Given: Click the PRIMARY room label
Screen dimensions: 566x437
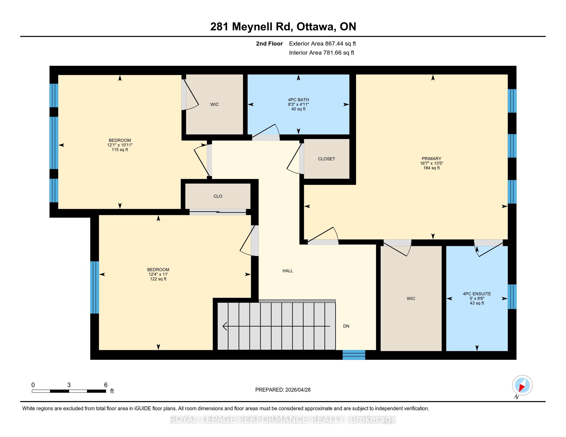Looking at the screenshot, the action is coord(431,159).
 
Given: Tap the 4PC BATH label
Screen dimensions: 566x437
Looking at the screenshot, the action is coord(298,100).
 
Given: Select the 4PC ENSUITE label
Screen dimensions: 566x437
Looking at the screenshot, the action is coord(477,294).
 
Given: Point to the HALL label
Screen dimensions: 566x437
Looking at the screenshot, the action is coord(288,271).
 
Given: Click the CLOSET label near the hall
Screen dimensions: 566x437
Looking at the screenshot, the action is coord(326,159).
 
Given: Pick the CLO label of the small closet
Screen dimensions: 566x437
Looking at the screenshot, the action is coord(218,196).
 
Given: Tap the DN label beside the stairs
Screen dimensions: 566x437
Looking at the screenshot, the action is coord(346,326).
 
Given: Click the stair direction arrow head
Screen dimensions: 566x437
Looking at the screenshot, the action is coord(225,326).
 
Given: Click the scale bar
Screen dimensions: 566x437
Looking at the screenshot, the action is coord(69,391).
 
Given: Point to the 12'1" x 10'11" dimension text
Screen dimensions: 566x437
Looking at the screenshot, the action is coord(120,145).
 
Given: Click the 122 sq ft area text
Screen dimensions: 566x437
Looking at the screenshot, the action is coord(158,279).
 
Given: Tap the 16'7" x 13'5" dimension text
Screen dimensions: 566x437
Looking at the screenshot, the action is coord(431,163).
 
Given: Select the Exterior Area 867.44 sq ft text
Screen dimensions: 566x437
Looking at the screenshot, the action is coord(322,44).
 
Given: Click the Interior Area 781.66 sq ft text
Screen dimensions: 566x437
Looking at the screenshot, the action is coord(322,53).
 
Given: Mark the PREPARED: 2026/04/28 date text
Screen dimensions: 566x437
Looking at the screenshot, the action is coord(283,390).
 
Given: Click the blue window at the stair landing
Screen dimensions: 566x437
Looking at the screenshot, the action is coord(354,355).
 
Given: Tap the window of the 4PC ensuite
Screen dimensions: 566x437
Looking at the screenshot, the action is coord(512,297).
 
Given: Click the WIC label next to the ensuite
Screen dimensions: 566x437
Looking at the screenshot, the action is coord(411,298).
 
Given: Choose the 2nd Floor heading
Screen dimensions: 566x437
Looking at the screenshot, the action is coord(269,44).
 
